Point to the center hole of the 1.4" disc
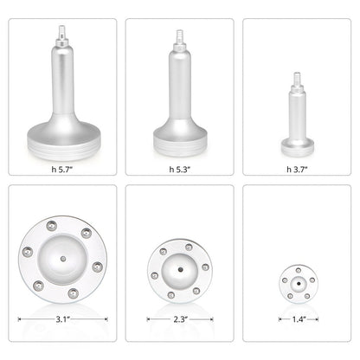click(296, 283)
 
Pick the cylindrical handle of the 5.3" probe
click(180, 87)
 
